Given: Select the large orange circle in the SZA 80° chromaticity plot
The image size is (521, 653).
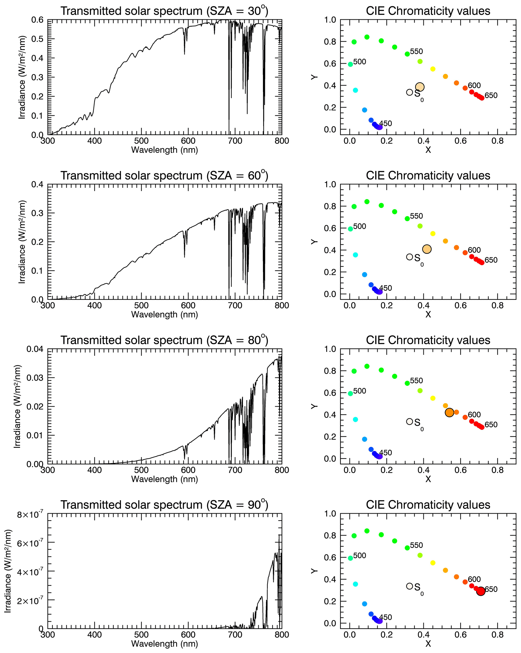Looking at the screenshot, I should pos(449,412).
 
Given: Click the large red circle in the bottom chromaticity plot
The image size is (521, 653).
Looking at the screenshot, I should pos(480,591).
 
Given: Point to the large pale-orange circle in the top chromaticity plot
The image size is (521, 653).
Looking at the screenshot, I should pos(419,87).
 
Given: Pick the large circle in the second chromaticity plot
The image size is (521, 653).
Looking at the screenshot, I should pos(426,249).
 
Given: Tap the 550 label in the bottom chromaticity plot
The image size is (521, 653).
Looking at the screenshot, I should pos(416,545).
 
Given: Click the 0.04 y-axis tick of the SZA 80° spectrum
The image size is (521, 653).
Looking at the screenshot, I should pos(35,349).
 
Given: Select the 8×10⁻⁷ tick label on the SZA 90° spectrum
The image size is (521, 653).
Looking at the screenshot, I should pos(30,515).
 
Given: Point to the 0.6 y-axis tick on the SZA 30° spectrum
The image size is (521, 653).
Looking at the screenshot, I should pos(37,20).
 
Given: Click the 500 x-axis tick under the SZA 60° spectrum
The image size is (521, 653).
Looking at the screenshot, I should pos(141,305).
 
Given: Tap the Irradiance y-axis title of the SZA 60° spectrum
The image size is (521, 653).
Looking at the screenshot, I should pos(22,242).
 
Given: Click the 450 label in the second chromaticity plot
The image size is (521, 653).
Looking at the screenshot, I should pos(385,288).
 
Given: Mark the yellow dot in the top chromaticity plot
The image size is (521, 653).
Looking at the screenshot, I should pos(433,69).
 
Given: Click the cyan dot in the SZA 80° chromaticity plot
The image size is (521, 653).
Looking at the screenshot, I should pos(355,419).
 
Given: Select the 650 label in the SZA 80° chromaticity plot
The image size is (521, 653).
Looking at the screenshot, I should pos(491,425).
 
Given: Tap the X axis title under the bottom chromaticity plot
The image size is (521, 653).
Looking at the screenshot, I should pos(428,644).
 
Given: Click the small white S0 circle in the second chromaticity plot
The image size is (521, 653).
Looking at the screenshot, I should pos(409,257).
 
